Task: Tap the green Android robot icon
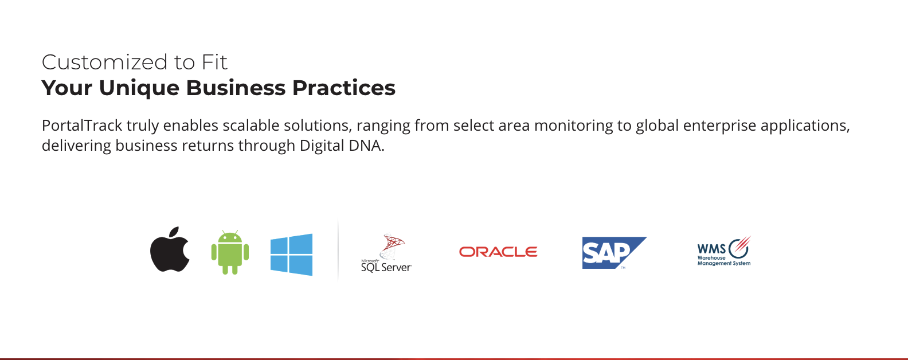click(230, 252)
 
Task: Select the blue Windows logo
click(291, 255)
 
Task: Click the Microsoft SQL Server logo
click(386, 253)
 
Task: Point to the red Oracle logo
click(498, 252)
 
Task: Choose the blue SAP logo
click(614, 253)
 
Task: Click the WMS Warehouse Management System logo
click(724, 251)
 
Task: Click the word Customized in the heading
click(104, 62)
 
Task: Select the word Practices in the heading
click(344, 88)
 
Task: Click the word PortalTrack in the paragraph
click(82, 126)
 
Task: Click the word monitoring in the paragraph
click(574, 126)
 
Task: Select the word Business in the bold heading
click(236, 88)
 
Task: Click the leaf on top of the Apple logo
click(174, 233)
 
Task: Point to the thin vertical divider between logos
click(338, 250)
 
